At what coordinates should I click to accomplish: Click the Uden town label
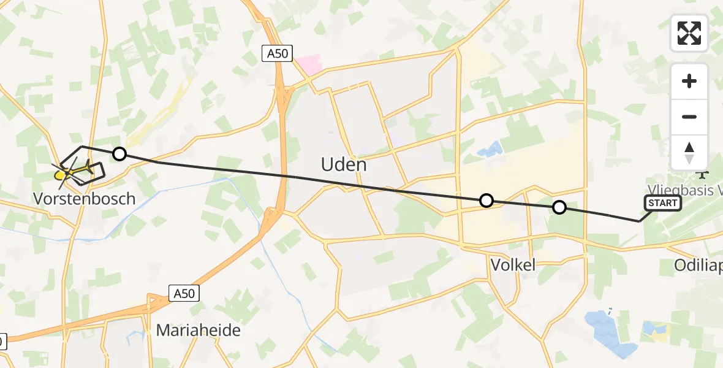344,164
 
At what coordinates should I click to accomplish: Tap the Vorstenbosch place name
85,199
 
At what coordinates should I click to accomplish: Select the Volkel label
513,264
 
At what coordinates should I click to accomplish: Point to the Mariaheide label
198,330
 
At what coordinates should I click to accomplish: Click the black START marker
662,203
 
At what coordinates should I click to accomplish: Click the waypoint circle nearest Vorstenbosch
119,154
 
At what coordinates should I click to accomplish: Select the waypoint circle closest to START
559,207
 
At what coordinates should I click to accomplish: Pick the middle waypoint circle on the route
486,200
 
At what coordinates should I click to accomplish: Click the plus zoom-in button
689,81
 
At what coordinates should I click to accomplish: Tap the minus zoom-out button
689,117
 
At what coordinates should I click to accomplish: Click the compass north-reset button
689,152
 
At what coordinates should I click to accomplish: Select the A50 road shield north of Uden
277,54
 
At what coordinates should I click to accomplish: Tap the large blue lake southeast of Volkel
607,334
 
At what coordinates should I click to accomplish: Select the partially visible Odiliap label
698,266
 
